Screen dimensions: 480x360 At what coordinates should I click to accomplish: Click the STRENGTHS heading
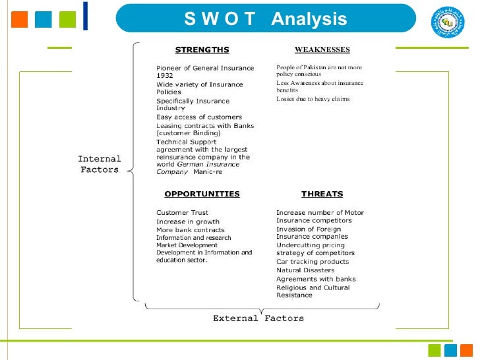pos(202,49)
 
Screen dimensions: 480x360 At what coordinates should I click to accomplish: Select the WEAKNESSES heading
pos(322,49)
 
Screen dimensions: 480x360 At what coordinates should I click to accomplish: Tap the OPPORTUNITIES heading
pos(202,194)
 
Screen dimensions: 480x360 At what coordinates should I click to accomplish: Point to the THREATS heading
pos(322,194)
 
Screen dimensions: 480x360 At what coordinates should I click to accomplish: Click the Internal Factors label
pos(100,164)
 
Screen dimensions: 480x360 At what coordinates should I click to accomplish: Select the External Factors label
pos(258,318)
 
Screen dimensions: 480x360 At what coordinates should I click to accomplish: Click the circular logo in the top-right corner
pos(448,22)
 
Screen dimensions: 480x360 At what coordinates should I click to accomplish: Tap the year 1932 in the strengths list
pos(165,76)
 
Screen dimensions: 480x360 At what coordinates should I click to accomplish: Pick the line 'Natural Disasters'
pos(305,270)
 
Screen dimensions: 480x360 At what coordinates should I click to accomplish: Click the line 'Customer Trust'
pos(182,212)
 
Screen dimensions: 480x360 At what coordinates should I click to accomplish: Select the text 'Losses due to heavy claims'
pos(313,99)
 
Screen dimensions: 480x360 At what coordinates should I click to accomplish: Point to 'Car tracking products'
pos(313,262)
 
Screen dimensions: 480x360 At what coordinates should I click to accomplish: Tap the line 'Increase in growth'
pos(188,222)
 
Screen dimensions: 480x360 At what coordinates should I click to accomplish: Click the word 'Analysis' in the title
pos(309,19)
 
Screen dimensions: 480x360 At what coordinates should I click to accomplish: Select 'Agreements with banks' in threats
pos(316,279)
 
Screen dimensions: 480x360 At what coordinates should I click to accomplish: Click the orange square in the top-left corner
pos(20,19)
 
